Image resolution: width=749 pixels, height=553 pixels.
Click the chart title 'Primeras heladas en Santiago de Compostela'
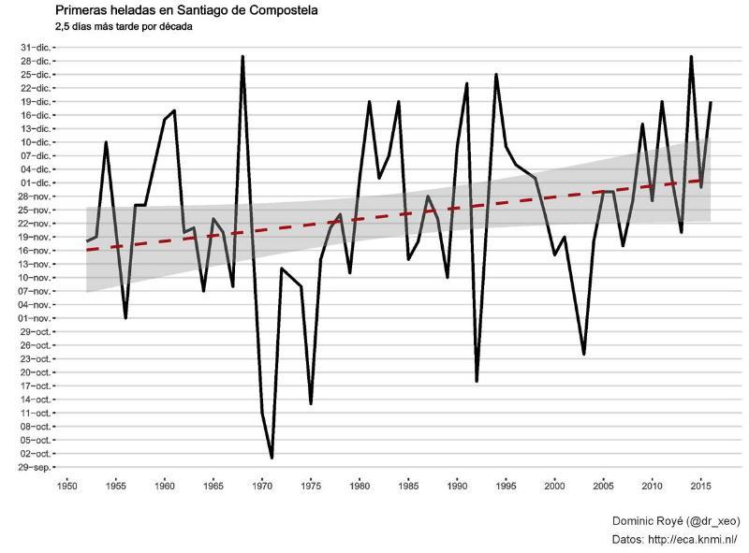(186, 10)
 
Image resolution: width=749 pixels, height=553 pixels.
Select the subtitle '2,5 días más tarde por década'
(125, 26)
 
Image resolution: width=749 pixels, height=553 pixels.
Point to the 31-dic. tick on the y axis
(37, 47)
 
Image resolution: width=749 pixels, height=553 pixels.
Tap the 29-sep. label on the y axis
(37, 467)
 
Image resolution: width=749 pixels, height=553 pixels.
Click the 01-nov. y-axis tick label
(37, 318)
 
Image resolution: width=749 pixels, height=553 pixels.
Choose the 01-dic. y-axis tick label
(37, 182)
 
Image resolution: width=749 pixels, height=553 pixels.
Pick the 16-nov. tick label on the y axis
(37, 250)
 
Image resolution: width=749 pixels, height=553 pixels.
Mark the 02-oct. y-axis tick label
(37, 454)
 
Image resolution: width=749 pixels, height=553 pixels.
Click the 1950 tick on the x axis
(66, 486)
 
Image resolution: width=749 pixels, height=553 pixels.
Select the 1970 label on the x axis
(262, 486)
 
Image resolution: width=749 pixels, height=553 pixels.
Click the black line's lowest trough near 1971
(272, 458)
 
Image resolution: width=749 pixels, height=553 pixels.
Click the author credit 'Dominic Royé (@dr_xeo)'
(674, 519)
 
